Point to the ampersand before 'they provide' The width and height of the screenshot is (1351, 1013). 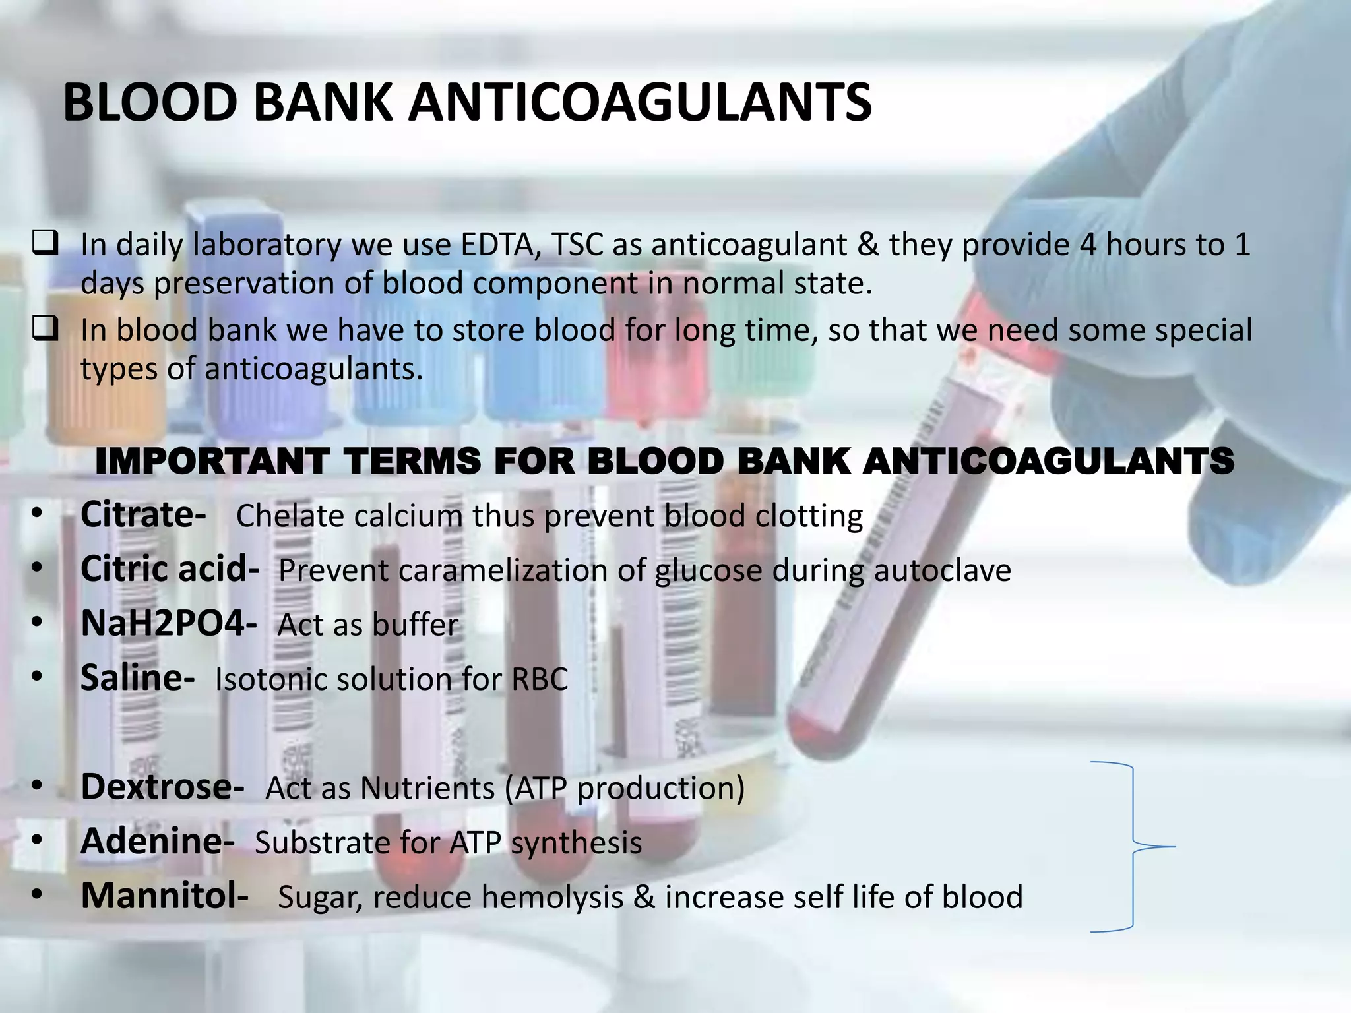tap(867, 245)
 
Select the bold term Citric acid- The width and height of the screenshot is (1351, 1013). tap(170, 568)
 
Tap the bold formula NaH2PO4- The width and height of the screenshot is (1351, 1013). tap(168, 623)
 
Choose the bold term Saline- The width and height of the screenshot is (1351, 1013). tap(137, 677)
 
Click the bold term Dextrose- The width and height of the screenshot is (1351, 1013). tap(162, 786)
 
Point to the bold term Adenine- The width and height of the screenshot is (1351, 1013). tap(157, 841)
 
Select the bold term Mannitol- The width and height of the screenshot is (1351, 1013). tap(164, 896)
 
